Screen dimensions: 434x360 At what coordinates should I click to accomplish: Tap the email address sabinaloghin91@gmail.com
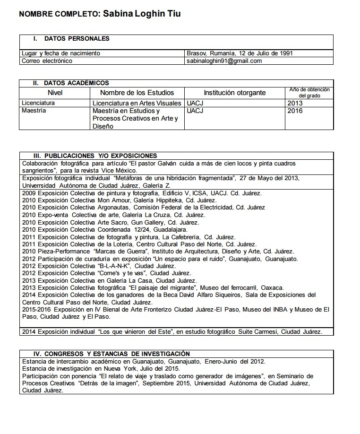click(224, 61)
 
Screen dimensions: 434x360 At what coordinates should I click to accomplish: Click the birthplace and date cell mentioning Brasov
click(240, 53)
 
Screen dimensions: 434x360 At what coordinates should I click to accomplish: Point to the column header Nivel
click(55, 93)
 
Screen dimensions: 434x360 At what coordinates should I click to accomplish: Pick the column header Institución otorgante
click(234, 93)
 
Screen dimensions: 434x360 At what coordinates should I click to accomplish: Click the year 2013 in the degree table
click(295, 103)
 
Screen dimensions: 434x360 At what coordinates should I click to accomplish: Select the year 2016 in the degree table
click(295, 111)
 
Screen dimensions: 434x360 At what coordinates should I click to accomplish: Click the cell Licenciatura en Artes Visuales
click(137, 103)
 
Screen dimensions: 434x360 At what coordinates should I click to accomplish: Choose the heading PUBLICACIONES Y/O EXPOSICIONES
click(101, 156)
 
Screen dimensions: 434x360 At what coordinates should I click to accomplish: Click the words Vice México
click(120, 170)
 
